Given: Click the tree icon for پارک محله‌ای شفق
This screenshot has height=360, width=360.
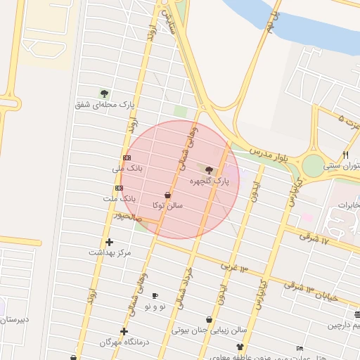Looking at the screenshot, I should (104, 93).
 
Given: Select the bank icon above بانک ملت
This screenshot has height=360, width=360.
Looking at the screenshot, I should (118, 188).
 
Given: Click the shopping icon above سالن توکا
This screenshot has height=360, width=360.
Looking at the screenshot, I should (167, 195).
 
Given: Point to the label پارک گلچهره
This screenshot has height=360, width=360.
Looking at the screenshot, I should (210, 181).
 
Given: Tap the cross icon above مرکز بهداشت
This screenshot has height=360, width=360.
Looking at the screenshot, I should (109, 242).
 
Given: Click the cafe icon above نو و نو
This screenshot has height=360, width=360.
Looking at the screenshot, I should (155, 296).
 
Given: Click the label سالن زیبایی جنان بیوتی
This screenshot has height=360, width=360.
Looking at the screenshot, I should (210, 329).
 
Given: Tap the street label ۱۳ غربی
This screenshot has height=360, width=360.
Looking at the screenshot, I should (234, 267).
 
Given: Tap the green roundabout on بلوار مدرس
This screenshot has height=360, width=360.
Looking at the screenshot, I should (311, 166).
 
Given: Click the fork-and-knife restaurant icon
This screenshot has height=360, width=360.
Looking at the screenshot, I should (345, 155).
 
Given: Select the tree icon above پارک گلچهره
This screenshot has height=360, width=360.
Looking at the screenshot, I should (209, 169).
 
